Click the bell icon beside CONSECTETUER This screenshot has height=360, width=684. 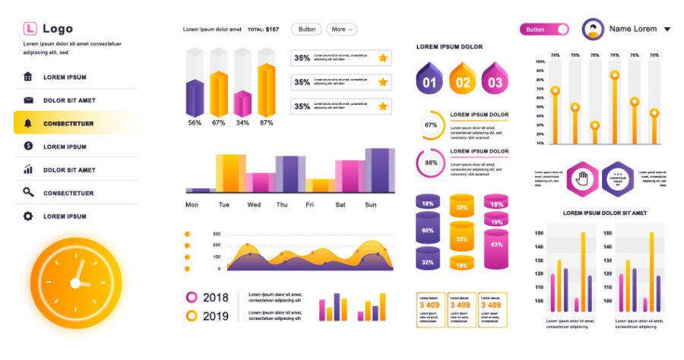pyautogui.click(x=28, y=123)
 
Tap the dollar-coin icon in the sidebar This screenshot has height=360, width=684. pyautogui.click(x=28, y=146)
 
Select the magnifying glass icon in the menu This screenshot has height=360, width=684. pyautogui.click(x=28, y=193)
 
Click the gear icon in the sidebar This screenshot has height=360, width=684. pyautogui.click(x=28, y=216)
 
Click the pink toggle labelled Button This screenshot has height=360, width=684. pyautogui.click(x=544, y=29)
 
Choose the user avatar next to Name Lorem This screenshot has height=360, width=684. pyautogui.click(x=593, y=30)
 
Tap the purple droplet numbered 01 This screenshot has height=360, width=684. pyautogui.click(x=429, y=79)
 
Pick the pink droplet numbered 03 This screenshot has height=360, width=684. pyautogui.click(x=495, y=79)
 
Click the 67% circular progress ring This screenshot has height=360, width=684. pyautogui.click(x=431, y=125)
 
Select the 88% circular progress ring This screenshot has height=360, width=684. pyautogui.click(x=431, y=163)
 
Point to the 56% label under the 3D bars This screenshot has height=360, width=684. pyautogui.click(x=195, y=122)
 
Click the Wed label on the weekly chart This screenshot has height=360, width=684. pyautogui.click(x=254, y=205)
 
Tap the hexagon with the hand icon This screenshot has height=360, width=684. pyautogui.click(x=583, y=179)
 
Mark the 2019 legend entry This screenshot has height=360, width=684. pyautogui.click(x=208, y=316)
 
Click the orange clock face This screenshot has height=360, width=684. pyautogui.click(x=76, y=283)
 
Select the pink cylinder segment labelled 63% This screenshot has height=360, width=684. pyautogui.click(x=496, y=245)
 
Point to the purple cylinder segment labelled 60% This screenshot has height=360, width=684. pyautogui.click(x=428, y=230)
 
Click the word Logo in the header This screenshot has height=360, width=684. pyautogui.click(x=58, y=29)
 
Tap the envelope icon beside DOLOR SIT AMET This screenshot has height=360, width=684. pyautogui.click(x=28, y=100)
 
